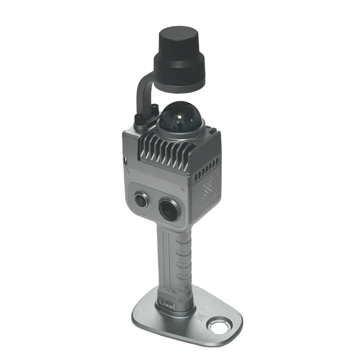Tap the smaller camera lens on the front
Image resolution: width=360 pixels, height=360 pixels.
[x=140, y=199]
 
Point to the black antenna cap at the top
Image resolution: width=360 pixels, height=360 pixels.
[x=180, y=59]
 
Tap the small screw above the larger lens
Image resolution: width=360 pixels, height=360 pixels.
[x=183, y=189]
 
